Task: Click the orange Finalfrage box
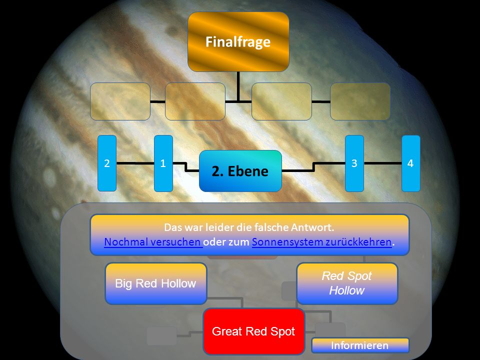pyautogui.click(x=238, y=41)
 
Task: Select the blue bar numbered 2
pyautogui.click(x=107, y=163)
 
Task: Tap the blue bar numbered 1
pyautogui.click(x=163, y=163)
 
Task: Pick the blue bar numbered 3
pyautogui.click(x=354, y=163)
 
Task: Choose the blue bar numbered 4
pyautogui.click(x=410, y=163)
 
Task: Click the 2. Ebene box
pyautogui.click(x=240, y=171)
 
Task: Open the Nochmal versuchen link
pyautogui.click(x=153, y=242)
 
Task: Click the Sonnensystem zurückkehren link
pyautogui.click(x=321, y=242)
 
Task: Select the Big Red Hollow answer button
pyautogui.click(x=156, y=283)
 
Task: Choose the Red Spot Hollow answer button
pyautogui.click(x=347, y=283)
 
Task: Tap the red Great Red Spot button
pyautogui.click(x=254, y=331)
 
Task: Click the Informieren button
pyautogui.click(x=360, y=345)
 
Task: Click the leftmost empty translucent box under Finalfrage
pyautogui.click(x=120, y=101)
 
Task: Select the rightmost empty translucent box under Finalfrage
pyautogui.click(x=360, y=101)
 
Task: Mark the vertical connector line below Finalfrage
pyautogui.click(x=238, y=86)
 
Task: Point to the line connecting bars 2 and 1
pyautogui.click(x=135, y=163)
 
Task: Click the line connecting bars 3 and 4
pyautogui.click(x=382, y=163)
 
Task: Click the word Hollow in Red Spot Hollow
pyautogui.click(x=347, y=290)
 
